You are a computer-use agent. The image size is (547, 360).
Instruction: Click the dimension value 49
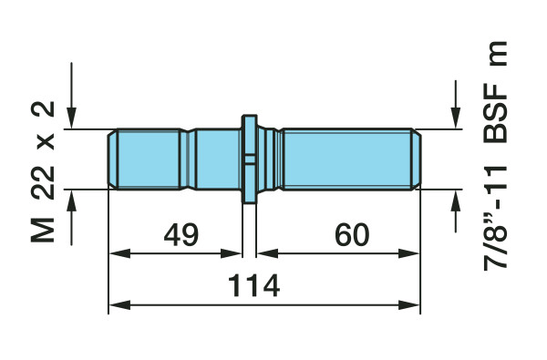(x=181, y=235)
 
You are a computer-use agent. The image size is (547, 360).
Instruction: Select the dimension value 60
(x=352, y=235)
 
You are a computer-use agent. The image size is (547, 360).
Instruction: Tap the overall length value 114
(x=253, y=285)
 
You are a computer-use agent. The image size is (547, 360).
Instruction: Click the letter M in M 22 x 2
(x=43, y=230)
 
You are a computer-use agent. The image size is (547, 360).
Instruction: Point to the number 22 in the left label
(x=43, y=182)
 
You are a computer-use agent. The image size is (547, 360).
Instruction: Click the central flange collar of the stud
(x=250, y=159)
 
